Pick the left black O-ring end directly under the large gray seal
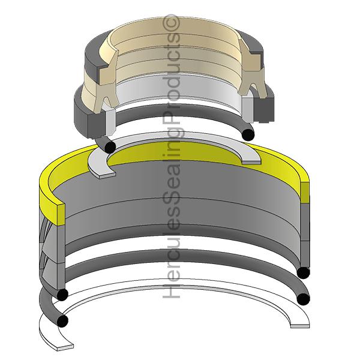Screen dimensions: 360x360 click(x=61, y=295)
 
